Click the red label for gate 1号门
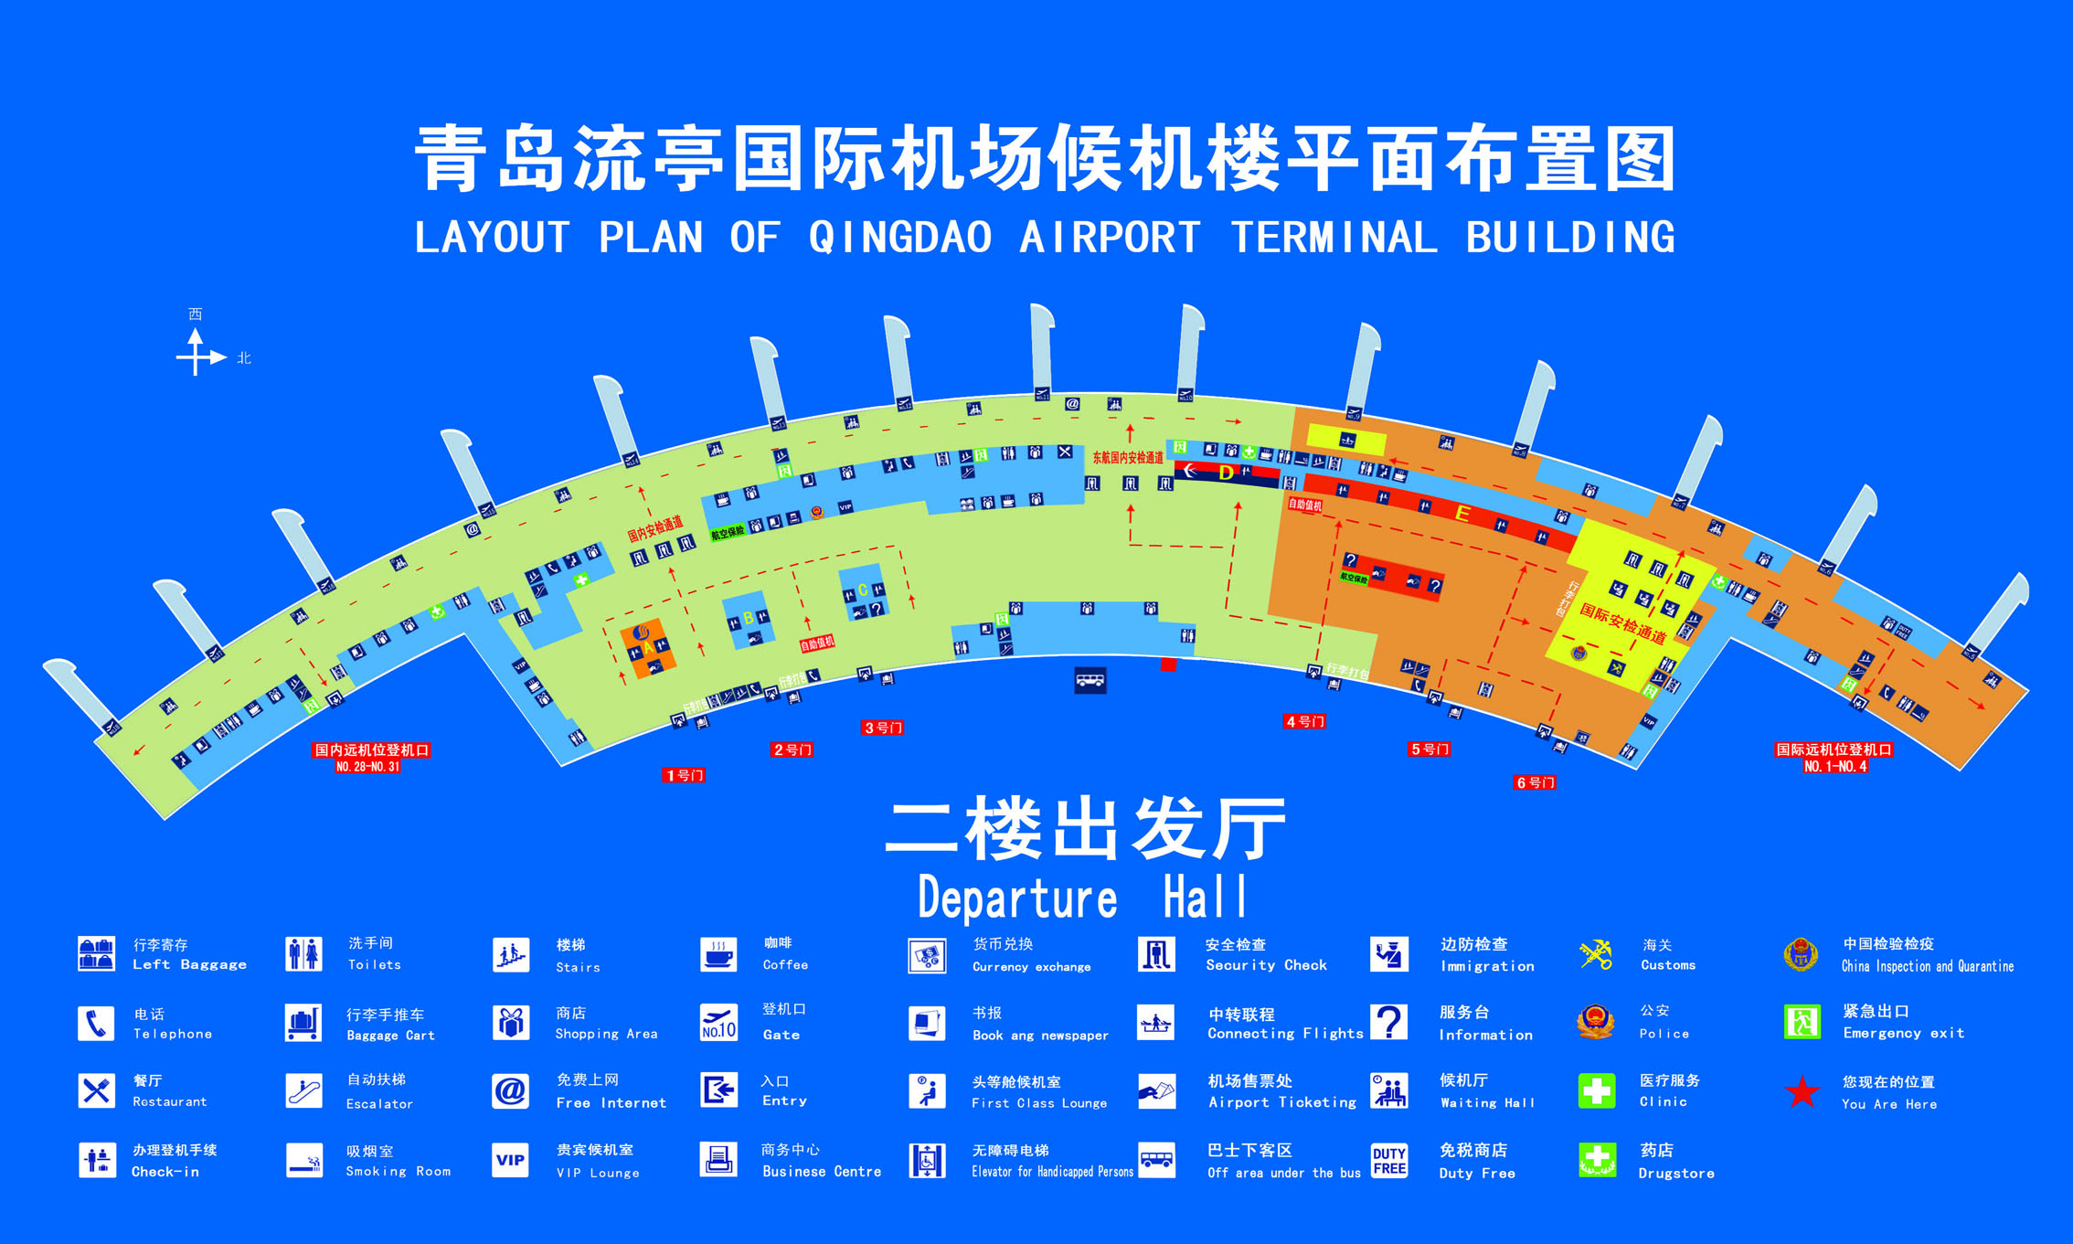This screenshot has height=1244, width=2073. point(684,775)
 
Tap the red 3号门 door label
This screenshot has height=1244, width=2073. point(883,728)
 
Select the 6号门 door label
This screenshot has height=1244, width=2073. point(1536,782)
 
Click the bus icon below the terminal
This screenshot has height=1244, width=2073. point(1090,680)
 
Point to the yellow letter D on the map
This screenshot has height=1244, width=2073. point(1227,473)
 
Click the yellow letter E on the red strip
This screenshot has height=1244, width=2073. point(1462,514)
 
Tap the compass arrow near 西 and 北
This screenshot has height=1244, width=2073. point(197,355)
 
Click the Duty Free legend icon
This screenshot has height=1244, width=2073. point(1389,1160)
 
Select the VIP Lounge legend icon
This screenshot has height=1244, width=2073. point(510,1160)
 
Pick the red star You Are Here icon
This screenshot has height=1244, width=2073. point(1802,1092)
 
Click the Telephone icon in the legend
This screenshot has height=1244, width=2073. point(96,1024)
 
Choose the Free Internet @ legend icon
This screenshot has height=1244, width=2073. point(510,1091)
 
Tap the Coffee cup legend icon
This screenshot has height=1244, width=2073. point(718,954)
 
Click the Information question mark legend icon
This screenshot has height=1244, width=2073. point(1389,1022)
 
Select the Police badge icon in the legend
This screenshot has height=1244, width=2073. point(1596,1022)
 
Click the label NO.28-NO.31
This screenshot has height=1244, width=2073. point(367,767)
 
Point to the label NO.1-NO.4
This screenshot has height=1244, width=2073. point(1835,767)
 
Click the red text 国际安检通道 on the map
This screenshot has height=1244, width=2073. point(1623,622)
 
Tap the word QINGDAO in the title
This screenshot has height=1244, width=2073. point(900,238)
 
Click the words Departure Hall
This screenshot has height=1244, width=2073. point(1082,898)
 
